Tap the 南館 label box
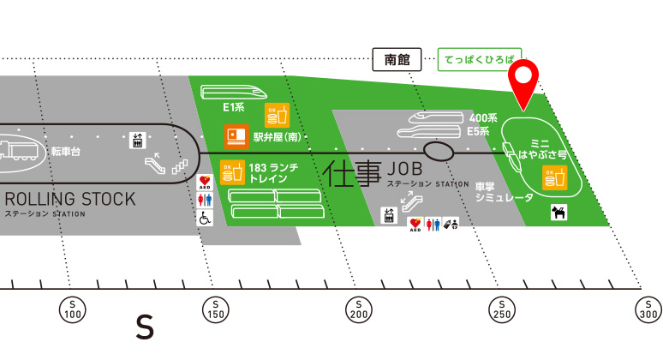397,60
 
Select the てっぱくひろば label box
480,59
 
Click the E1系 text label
233,107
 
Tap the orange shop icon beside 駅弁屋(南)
236,136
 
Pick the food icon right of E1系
276,115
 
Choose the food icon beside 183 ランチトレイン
232,171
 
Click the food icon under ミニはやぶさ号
554,177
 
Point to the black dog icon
562,212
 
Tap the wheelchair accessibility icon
205,219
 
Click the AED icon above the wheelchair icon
205,182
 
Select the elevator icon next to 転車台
136,140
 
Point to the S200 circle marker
357,309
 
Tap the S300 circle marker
647,309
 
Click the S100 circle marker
71,309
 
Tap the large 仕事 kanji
352,174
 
